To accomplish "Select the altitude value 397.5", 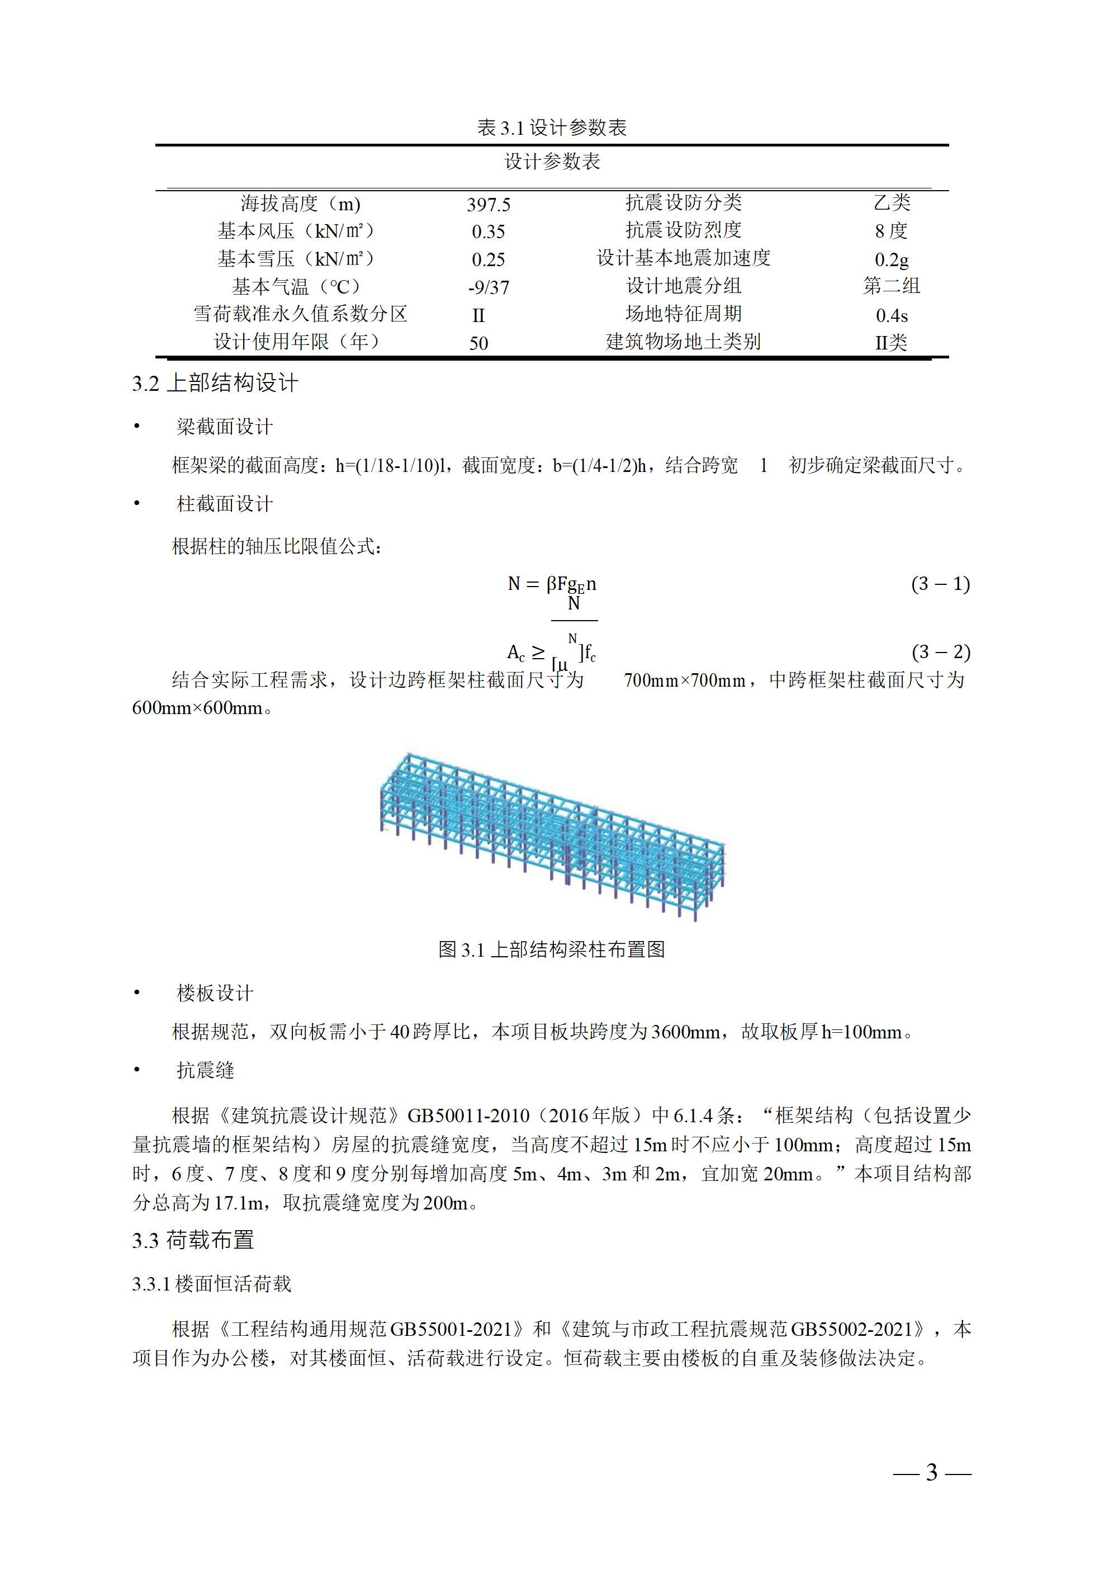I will pos(488,204).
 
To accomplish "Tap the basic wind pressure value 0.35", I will pos(488,231).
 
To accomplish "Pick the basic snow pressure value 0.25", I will pos(488,259).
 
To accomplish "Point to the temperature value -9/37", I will pos(488,287).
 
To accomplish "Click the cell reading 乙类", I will pos(891,203).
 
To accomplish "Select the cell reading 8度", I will pos(891,231).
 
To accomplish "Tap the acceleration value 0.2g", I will pos(891,259).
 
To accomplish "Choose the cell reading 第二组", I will pos(891,286).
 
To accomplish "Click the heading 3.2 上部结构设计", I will pos(215,384).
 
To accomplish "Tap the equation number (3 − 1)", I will pos(940,584).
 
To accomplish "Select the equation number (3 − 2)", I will pos(940,652).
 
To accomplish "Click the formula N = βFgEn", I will pos(551,584).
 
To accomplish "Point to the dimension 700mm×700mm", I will pos(684,680).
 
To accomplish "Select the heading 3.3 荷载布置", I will pos(193,1240).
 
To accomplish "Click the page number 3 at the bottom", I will pos(931,1491).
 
